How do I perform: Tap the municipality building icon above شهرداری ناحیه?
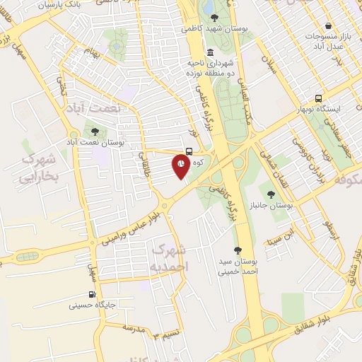210,52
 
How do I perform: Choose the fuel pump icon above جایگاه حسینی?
91,294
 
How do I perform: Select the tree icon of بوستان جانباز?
271,192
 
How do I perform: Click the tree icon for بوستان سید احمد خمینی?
238,250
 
